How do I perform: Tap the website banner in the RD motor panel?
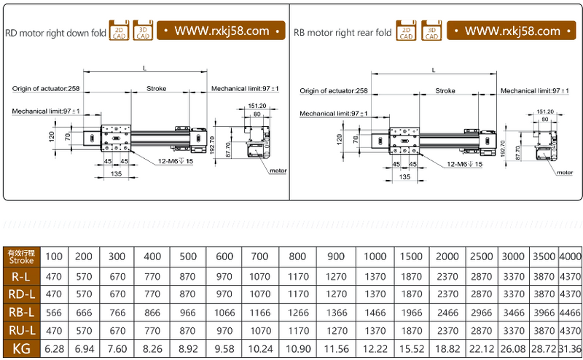(222, 31)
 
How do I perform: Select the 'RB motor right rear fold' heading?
(342, 32)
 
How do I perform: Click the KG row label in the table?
(20, 349)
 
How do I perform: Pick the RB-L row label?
(20, 313)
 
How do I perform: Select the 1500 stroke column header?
(411, 257)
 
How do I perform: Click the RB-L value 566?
(54, 313)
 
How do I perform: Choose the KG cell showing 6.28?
(54, 349)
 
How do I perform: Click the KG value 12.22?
(375, 349)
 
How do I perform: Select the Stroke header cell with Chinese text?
(20, 257)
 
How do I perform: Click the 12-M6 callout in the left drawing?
(175, 160)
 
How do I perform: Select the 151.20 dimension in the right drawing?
(545, 111)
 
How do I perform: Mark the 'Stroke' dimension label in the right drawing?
(445, 91)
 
